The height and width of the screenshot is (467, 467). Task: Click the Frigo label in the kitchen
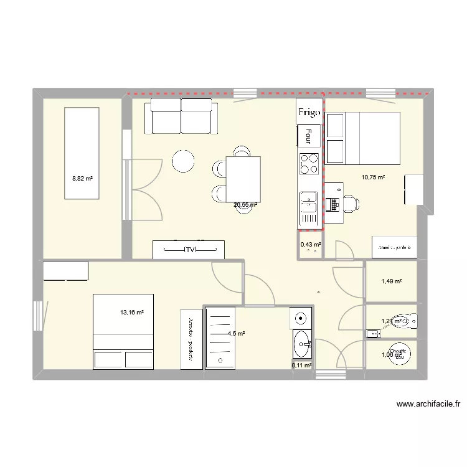coord(309,112)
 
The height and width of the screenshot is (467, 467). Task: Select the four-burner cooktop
coord(309,163)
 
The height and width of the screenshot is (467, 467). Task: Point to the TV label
coord(189,250)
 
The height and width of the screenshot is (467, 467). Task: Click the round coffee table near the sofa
coord(184,161)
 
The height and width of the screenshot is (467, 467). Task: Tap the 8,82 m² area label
coord(82,178)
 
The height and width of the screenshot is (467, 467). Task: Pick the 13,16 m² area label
coord(132,313)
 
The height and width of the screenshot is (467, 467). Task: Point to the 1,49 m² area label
coord(391,281)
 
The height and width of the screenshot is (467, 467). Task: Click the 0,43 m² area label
coord(311,245)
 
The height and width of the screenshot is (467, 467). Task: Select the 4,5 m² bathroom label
coord(236,334)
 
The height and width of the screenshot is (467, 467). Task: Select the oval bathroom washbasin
coord(303,341)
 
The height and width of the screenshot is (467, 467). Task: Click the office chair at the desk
coord(350,203)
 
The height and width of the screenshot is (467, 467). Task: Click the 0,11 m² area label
coord(301,366)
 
